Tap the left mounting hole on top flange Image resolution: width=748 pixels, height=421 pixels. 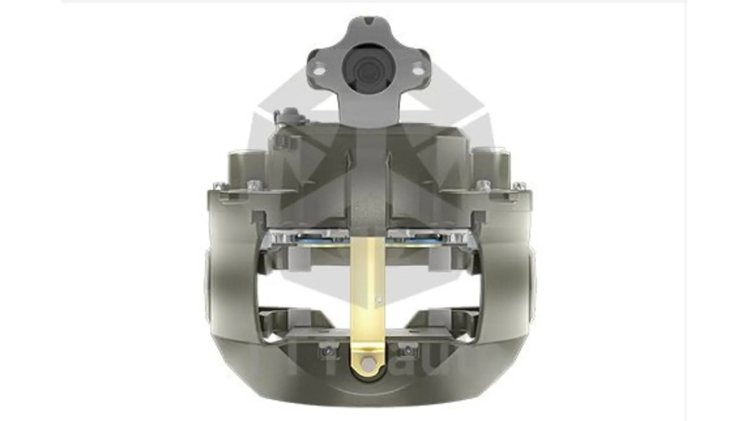(319, 68)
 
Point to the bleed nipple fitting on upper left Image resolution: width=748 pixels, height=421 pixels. (286, 115)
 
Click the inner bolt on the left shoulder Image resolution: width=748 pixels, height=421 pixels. (254, 184)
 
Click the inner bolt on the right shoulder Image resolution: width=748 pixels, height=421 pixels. (482, 184)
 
